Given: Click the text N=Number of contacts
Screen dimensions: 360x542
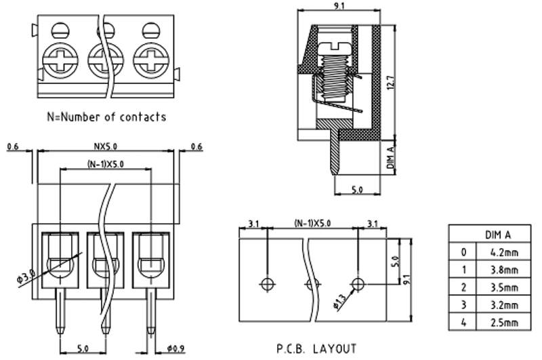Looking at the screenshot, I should point(106,117).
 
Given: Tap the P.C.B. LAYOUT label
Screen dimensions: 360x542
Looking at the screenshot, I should point(316,349).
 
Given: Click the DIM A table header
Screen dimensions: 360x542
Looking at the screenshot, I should point(497,235).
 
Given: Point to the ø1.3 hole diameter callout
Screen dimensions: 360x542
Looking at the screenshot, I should point(339,299).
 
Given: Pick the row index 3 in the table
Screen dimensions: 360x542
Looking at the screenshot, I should point(463,304).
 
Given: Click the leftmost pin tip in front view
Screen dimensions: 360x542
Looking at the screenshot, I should point(61,331).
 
